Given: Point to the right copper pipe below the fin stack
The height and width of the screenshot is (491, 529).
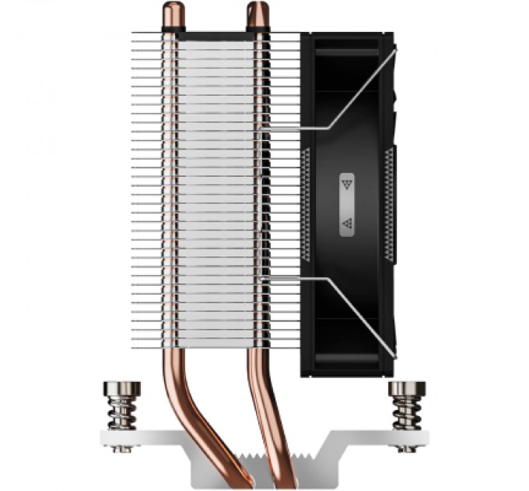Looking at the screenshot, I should point(260,390).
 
